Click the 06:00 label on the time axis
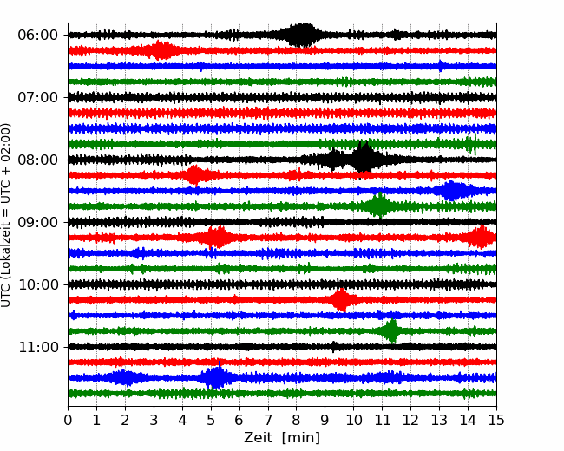pos(36,35)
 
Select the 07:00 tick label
pos(36,97)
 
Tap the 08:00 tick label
pos(36,160)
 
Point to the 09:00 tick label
pos(36,222)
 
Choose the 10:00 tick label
pos(36,284)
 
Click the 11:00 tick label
pos(36,347)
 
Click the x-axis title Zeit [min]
pos(281,438)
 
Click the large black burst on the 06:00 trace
pos(301,35)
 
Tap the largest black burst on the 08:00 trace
pos(365,159)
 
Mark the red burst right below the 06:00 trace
pos(161,50)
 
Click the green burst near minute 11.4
pos(391,330)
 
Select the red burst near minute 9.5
pos(341,299)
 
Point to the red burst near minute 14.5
pos(482,237)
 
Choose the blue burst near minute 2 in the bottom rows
pos(125,377)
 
